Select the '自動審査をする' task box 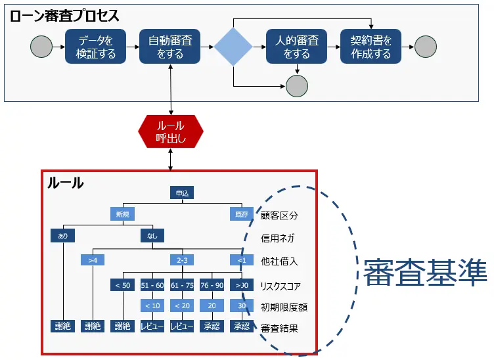point(170,47)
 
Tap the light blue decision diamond point(233,47)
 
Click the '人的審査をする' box point(296,47)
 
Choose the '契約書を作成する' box point(371,47)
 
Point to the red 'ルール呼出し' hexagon point(170,131)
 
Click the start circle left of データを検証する point(41,47)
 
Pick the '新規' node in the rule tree point(123,214)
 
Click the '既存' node point(241,214)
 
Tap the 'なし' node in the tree point(152,236)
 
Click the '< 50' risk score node point(123,285)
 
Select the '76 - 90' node point(212,285)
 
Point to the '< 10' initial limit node point(152,305)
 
